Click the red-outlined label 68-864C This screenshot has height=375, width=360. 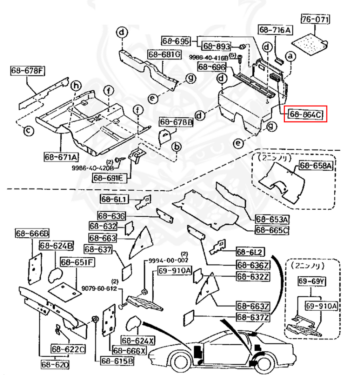click(x=305, y=114)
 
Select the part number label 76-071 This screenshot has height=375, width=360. click(x=315, y=20)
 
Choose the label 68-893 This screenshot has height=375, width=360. click(x=217, y=46)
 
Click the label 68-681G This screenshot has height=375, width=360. click(x=164, y=55)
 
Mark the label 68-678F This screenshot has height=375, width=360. click(x=28, y=71)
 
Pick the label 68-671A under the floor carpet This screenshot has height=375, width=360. click(x=60, y=157)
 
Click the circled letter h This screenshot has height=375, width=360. click(x=76, y=86)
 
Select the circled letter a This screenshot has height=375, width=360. click(x=290, y=56)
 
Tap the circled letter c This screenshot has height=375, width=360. click(x=28, y=131)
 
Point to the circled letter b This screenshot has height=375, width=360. click(x=177, y=147)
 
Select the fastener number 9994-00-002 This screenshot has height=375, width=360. click(x=168, y=260)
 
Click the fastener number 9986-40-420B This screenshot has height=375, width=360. click(x=93, y=168)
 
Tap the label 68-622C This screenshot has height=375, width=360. click(x=68, y=349)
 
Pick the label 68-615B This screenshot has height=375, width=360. click(x=117, y=361)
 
